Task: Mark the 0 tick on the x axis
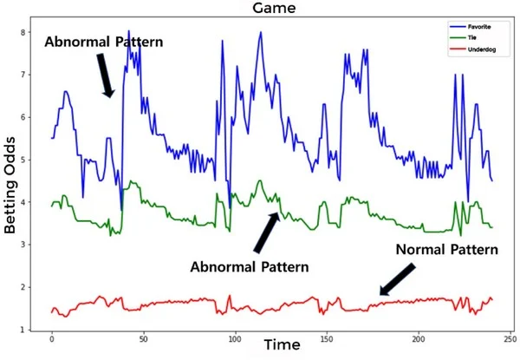coord(52,339)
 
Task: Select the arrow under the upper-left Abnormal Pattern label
coord(105,75)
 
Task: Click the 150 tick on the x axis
coord(326,339)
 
